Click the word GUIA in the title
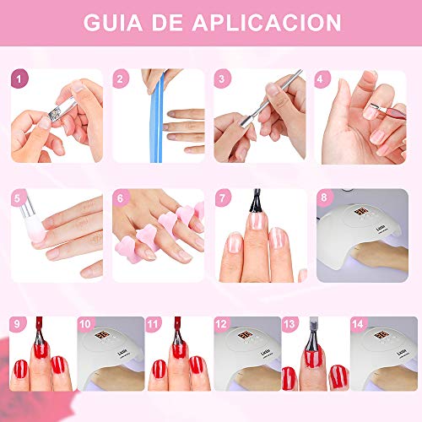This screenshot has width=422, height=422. click(113, 23)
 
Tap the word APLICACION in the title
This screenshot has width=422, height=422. click(267, 23)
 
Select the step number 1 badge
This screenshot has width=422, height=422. click(19, 78)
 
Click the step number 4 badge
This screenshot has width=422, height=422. click(322, 79)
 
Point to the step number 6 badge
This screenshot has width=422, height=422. click(121, 197)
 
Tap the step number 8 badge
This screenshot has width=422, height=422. click(325, 197)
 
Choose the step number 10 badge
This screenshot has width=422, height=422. click(86, 324)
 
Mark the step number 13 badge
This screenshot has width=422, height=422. click(289, 324)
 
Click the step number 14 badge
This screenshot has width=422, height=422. click(359, 324)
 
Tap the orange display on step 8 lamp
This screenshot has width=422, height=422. click(362, 213)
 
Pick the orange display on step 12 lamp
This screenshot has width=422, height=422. click(245, 336)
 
